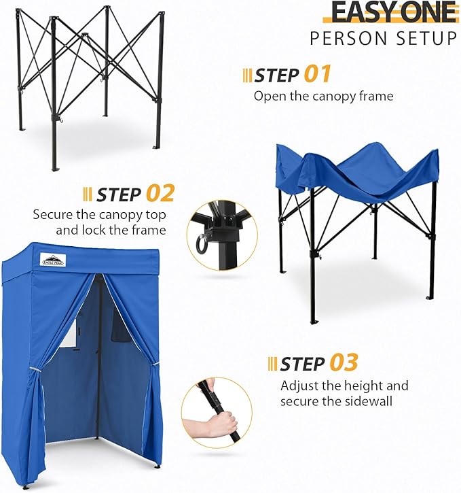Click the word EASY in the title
[x=360, y=12]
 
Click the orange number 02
[x=160, y=193]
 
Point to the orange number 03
[x=344, y=362]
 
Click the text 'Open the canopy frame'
[x=323, y=96]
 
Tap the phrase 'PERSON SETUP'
[x=384, y=39]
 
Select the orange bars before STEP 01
[x=247, y=74]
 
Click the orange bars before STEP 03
[x=272, y=363]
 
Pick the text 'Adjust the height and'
[x=344, y=386]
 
